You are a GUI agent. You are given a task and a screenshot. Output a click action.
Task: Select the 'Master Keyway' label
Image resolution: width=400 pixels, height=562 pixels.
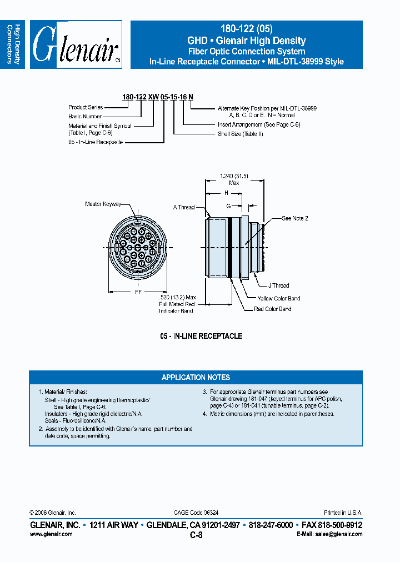103,204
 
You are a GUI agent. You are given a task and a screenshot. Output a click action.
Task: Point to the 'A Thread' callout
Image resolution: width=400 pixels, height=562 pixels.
183,207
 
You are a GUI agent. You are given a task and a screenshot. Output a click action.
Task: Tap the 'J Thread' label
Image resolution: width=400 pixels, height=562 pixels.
278,285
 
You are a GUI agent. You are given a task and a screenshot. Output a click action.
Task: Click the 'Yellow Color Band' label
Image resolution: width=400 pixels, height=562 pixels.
279,298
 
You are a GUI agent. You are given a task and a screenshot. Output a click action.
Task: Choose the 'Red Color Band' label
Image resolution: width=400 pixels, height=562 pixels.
273,309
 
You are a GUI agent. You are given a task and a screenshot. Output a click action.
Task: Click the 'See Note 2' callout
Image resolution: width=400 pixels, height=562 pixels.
294,218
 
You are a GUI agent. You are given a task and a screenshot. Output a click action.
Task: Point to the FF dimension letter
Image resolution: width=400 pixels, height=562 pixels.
137,290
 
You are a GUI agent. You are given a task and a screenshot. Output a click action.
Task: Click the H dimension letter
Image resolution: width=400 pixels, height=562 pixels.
226,193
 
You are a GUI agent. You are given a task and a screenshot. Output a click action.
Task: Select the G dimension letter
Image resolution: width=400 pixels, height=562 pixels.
228,205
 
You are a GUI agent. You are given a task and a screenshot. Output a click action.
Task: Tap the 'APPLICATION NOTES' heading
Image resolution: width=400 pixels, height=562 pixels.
196,378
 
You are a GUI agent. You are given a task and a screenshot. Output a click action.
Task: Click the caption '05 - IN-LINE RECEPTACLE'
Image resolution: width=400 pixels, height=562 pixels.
201,336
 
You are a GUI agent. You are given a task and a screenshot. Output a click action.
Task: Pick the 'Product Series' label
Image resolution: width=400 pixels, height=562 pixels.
86,107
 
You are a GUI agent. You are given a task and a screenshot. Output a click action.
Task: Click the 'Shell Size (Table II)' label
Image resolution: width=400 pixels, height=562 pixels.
241,134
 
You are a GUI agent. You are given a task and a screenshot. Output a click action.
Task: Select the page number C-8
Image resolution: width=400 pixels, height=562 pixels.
196,535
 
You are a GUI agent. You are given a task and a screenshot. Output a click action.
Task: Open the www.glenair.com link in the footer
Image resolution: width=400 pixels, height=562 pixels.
51,534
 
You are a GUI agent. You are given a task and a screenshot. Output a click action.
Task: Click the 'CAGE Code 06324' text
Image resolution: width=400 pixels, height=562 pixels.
200,513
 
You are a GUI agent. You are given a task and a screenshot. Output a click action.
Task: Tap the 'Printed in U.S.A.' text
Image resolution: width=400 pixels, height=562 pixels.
343,513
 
